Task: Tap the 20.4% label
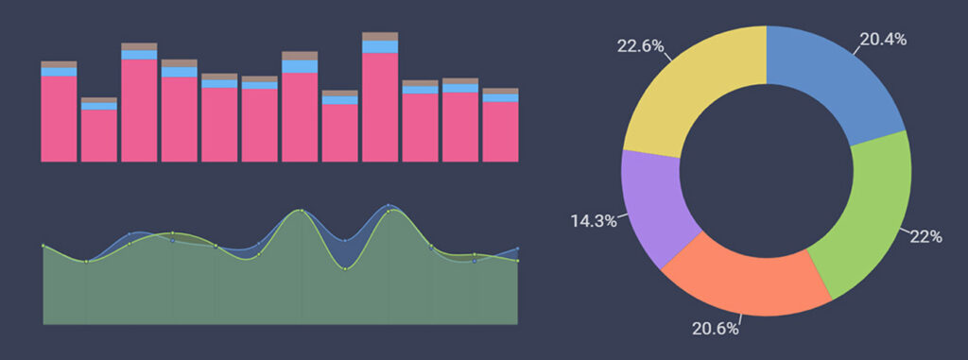882,39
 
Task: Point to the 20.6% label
713,328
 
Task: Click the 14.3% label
594,221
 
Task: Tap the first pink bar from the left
59,118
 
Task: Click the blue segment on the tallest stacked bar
379,46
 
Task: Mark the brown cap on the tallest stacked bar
379,37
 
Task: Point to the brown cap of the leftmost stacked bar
59,64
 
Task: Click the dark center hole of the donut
766,170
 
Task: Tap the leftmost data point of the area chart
43,246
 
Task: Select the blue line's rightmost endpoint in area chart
517,249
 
